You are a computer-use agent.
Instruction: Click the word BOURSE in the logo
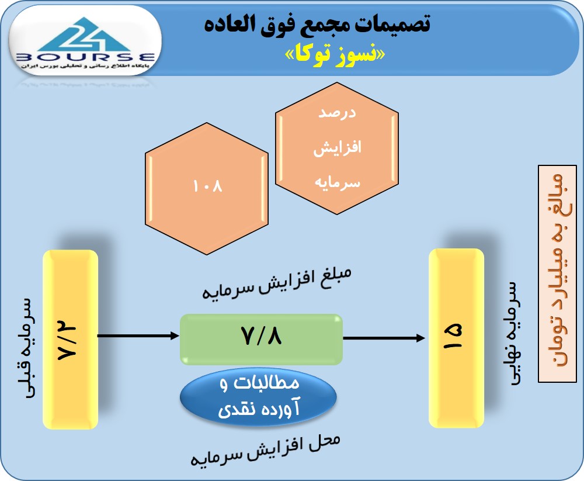point(86,57)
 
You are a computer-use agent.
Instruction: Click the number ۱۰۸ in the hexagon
point(208,186)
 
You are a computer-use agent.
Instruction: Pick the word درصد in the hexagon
point(338,113)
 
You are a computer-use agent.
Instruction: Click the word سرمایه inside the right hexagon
point(338,182)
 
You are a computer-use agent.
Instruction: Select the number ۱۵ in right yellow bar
point(456,337)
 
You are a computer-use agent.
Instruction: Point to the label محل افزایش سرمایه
point(266,449)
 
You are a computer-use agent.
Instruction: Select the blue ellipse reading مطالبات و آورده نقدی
point(258,398)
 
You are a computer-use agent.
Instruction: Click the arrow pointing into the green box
point(138,336)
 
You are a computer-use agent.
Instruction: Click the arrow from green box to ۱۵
point(383,337)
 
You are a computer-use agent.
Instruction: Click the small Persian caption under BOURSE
point(85,67)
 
